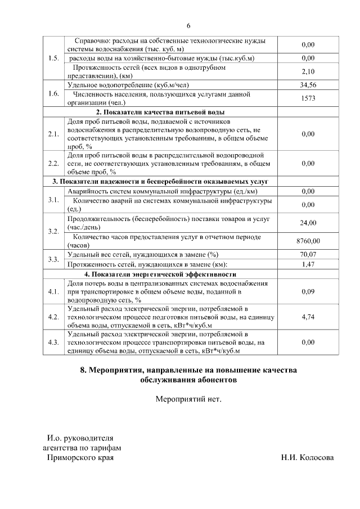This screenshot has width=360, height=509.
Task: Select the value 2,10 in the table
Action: [x=308, y=71]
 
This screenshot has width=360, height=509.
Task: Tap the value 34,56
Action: [x=308, y=85]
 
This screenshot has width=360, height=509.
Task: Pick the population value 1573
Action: [x=308, y=98]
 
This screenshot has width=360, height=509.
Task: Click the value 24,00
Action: [x=308, y=223]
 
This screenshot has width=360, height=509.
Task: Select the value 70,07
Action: [x=308, y=255]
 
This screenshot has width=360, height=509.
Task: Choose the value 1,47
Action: [x=308, y=264]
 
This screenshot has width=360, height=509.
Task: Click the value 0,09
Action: [x=308, y=291]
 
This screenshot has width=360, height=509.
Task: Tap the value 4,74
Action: [x=308, y=317]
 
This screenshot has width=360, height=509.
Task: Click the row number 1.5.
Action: [x=54, y=58]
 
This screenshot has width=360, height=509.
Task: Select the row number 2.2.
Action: [x=54, y=164]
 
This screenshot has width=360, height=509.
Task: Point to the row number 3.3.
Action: [x=54, y=259]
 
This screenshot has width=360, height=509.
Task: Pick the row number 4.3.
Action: [x=54, y=342]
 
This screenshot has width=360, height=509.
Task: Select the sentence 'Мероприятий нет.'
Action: [x=188, y=400]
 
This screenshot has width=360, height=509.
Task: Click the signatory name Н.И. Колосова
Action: [x=307, y=457]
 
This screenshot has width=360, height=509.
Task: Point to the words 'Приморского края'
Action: [x=79, y=458]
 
